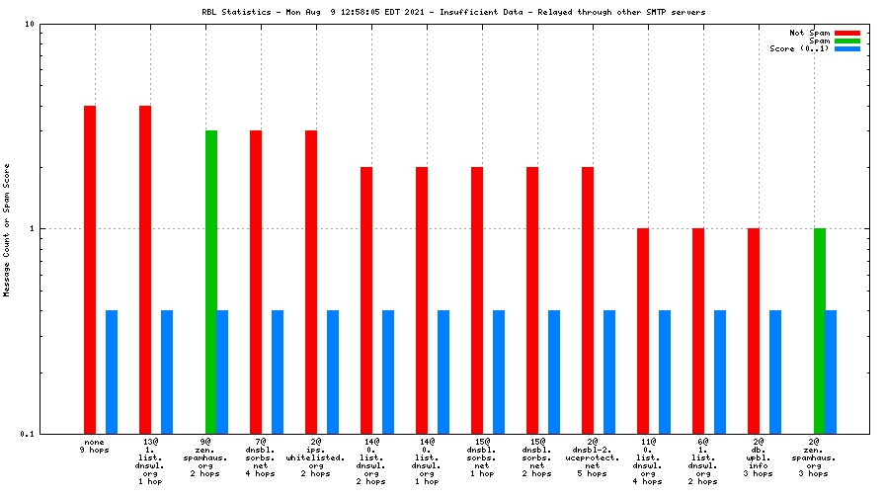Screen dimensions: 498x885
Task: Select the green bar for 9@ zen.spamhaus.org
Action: pyautogui.click(x=211, y=282)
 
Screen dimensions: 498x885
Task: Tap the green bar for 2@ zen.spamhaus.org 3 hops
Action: pyautogui.click(x=820, y=331)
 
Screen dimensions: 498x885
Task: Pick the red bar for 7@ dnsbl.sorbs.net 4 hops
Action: pyautogui.click(x=256, y=282)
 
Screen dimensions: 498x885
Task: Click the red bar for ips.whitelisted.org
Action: pyautogui.click(x=311, y=282)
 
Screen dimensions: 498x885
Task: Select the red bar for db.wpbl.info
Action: pyautogui.click(x=754, y=331)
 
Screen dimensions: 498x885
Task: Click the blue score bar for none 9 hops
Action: pyautogui.click(x=112, y=372)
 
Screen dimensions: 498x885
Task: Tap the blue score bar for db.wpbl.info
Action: pyautogui.click(x=775, y=372)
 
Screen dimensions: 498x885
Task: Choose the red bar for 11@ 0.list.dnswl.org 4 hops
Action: pyautogui.click(x=643, y=331)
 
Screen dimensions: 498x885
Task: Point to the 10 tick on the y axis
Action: pyautogui.click(x=30, y=24)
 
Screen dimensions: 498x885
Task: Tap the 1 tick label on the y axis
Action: pyautogui.click(x=32, y=229)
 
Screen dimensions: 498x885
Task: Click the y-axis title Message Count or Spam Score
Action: pyautogui.click(x=7, y=229)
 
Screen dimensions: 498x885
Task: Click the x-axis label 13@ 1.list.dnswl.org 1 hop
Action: pyautogui.click(x=150, y=461)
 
